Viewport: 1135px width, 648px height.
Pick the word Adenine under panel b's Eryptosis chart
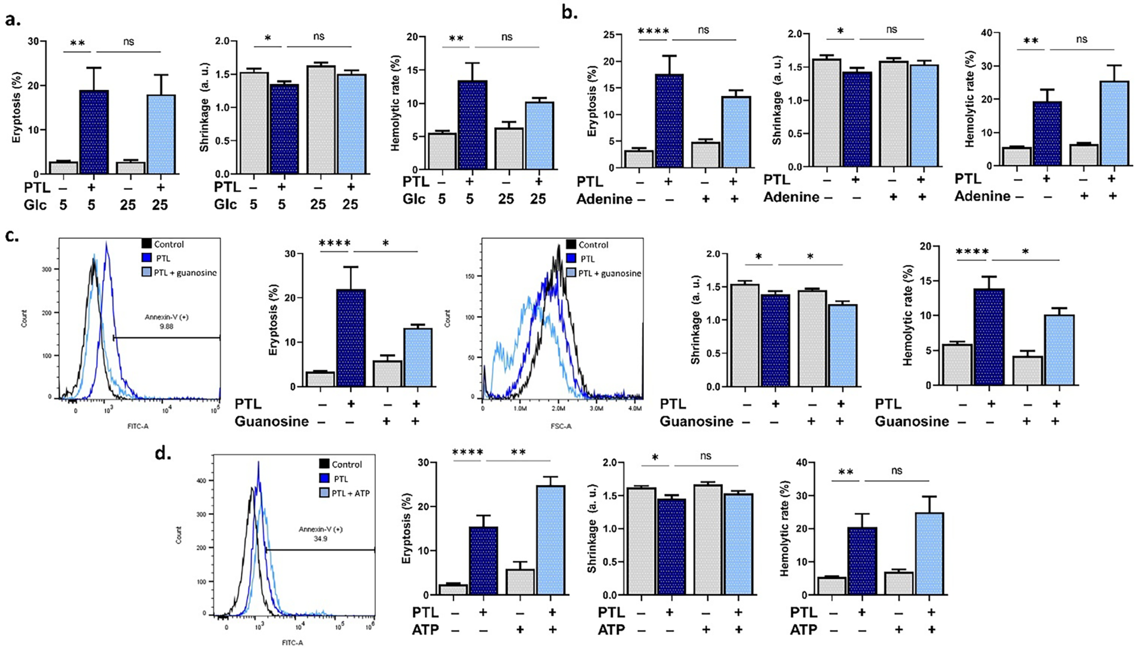click(604, 199)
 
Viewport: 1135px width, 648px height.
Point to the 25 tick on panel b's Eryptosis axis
click(612, 35)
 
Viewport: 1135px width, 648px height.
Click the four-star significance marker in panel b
click(654, 30)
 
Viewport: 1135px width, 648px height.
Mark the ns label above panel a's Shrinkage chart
click(319, 36)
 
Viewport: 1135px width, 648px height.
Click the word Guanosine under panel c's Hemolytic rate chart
click(912, 422)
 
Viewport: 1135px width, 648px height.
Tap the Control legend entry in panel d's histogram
click(347, 465)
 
